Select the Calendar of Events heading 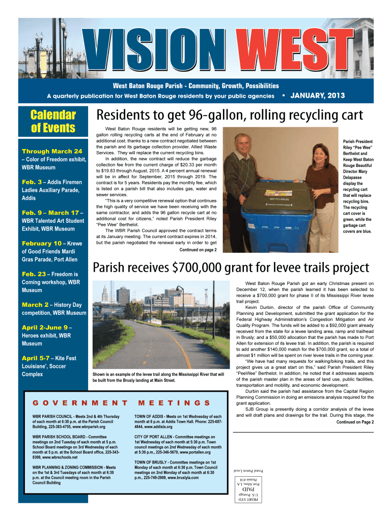53,122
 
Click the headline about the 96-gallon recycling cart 230,115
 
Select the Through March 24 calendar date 52,151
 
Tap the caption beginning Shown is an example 158,378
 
